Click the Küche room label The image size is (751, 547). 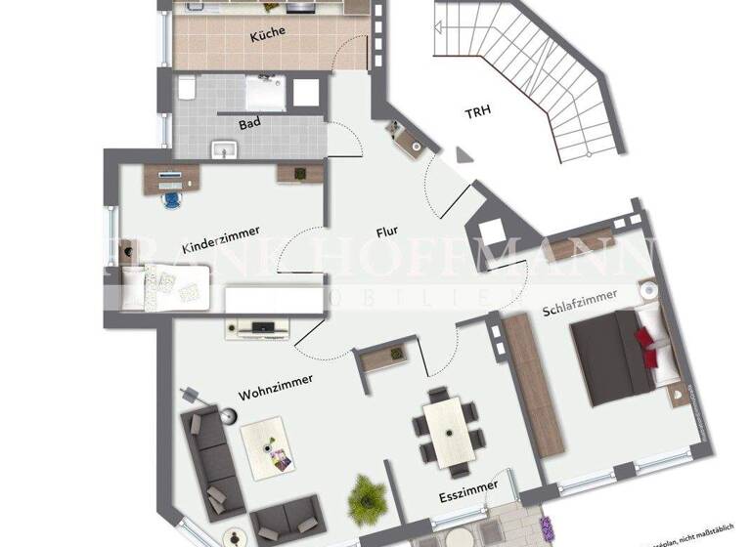[x=267, y=33]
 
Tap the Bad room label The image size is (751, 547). [x=249, y=124]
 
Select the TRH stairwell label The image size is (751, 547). [x=477, y=111]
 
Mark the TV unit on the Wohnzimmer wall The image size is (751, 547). [x=259, y=326]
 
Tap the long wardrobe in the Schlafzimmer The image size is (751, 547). [x=534, y=387]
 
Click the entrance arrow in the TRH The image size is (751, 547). [x=462, y=154]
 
